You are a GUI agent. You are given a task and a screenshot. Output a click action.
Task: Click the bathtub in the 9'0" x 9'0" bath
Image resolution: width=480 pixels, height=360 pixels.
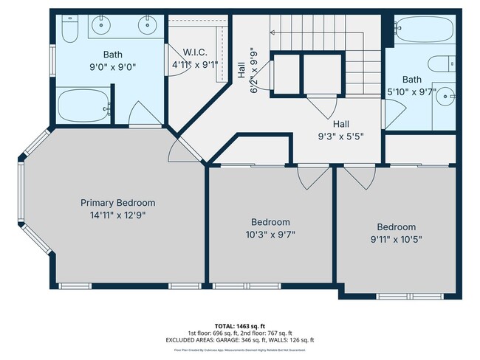(x=83, y=106)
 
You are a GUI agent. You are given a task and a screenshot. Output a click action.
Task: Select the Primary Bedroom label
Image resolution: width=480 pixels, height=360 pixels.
(x=117, y=203)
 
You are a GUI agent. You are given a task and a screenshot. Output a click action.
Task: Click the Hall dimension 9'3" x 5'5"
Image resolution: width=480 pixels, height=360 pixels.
(x=340, y=136)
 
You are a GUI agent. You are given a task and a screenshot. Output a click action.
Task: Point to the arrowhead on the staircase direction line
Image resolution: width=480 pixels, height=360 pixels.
(x=273, y=32)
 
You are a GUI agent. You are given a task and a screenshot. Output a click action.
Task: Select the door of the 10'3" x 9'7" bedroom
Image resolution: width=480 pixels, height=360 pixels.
(x=311, y=176)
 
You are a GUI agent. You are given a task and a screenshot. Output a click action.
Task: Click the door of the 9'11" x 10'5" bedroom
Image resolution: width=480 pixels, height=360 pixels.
(x=357, y=176)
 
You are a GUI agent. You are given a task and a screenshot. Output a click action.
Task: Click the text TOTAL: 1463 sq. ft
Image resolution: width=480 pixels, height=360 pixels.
(x=239, y=325)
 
